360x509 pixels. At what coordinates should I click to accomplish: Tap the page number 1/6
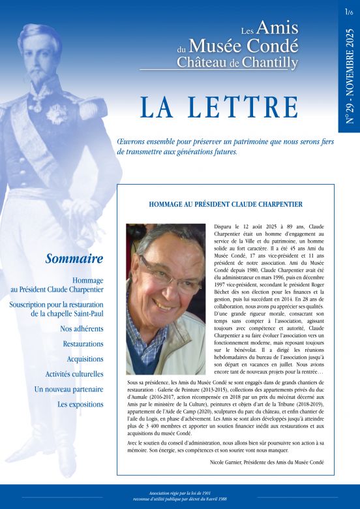(x=349, y=11)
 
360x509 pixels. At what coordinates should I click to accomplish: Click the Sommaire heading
(x=74, y=259)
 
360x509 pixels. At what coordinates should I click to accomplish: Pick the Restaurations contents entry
(x=83, y=344)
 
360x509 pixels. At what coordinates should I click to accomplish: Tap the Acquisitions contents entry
(x=85, y=359)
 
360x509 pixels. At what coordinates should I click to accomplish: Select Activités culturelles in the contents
(x=74, y=374)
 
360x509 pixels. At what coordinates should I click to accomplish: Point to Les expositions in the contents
(x=80, y=404)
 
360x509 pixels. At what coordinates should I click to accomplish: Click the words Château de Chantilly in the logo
(x=237, y=63)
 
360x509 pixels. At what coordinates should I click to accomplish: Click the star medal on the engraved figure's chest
(x=55, y=112)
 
